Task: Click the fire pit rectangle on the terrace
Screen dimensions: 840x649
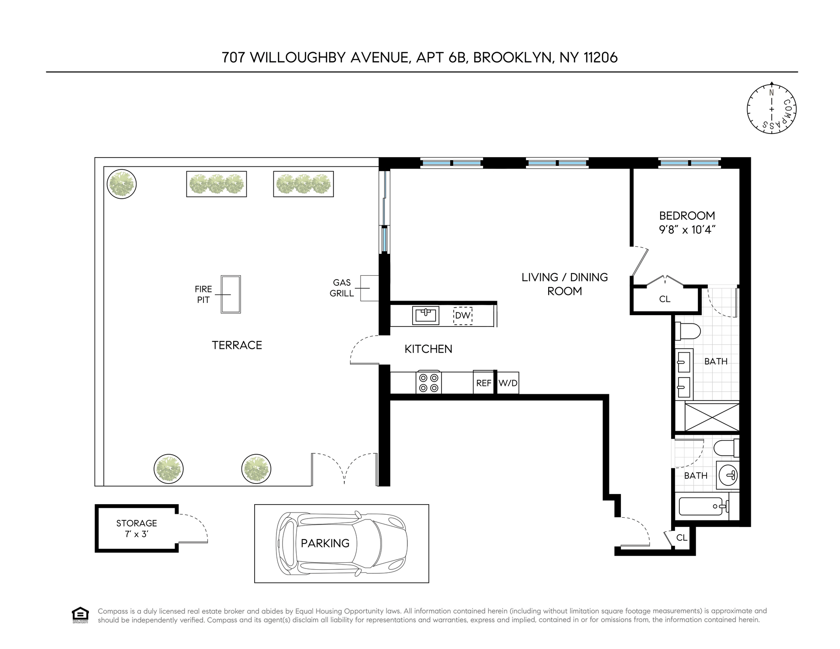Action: [x=231, y=294]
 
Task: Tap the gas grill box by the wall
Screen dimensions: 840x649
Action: [x=369, y=288]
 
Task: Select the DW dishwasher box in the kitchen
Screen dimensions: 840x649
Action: [x=462, y=315]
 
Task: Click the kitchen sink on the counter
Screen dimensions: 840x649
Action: [x=426, y=315]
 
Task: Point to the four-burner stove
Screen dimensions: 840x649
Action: [x=429, y=382]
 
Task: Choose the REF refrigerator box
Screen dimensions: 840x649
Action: [x=483, y=383]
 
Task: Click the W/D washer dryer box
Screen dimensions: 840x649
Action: [x=508, y=383]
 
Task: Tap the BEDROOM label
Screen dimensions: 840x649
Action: [x=687, y=215]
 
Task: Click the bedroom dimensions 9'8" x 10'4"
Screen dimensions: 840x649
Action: [x=687, y=229]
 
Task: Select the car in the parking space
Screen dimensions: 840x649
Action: [x=341, y=543]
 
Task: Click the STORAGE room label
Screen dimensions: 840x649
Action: [x=136, y=523]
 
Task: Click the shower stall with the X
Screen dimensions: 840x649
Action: [x=711, y=417]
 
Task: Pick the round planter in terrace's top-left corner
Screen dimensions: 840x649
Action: [x=122, y=184]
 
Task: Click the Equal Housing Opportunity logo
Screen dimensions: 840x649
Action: [x=80, y=615]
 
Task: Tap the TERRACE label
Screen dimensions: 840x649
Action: [x=237, y=345]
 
